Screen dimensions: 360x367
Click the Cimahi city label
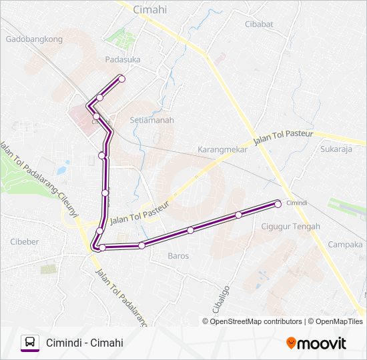click(x=150, y=9)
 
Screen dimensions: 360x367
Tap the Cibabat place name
click(x=259, y=25)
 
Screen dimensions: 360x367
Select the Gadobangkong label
click(x=34, y=39)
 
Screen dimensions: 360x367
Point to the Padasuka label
click(x=122, y=59)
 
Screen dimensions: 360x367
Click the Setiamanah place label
click(x=151, y=121)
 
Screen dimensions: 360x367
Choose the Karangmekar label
click(x=223, y=149)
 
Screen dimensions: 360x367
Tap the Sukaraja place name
click(x=336, y=149)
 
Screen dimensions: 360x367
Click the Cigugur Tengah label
click(x=290, y=227)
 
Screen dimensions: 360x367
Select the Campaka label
click(x=345, y=245)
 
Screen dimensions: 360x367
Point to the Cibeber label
click(x=25, y=241)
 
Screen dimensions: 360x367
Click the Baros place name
click(x=178, y=256)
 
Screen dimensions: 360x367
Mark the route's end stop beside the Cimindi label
click(x=278, y=204)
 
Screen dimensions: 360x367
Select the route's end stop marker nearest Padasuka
click(x=121, y=79)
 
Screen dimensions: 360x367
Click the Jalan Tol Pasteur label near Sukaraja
click(x=284, y=139)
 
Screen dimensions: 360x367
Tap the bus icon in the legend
click(x=29, y=343)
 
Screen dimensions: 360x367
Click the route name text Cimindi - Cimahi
click(x=85, y=343)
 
